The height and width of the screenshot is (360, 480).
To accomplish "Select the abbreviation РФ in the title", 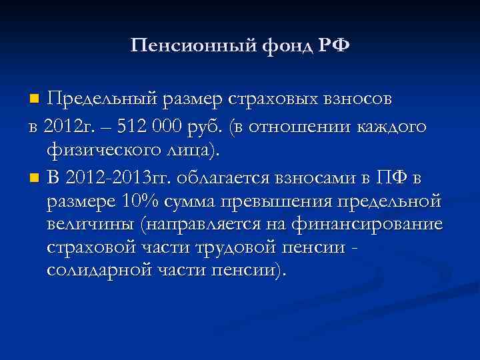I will (331, 46).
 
